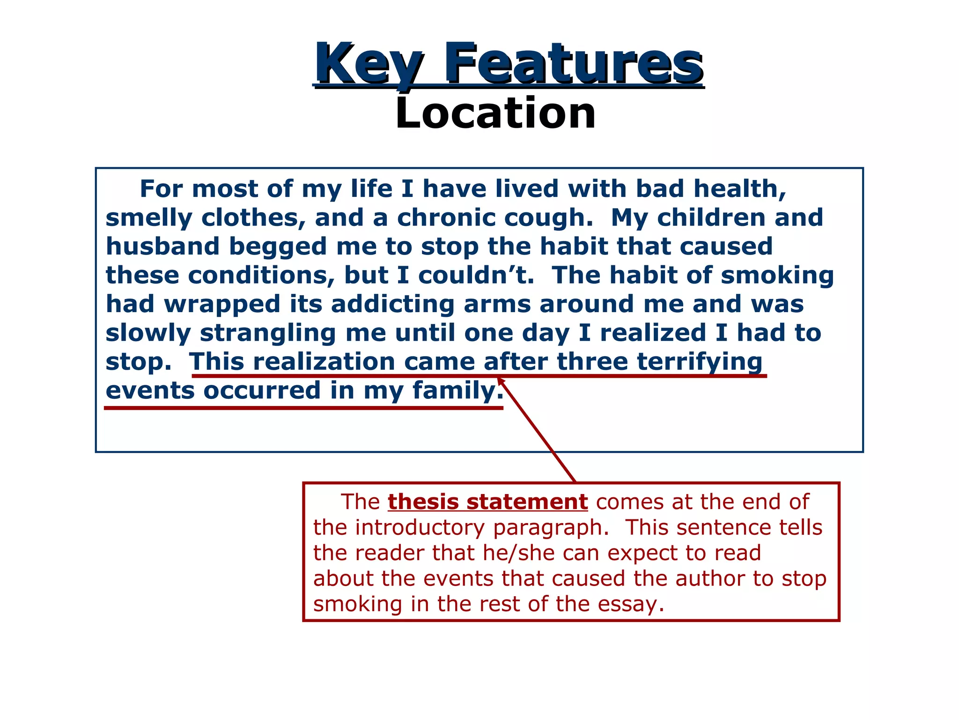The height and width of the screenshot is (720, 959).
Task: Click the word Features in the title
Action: click(x=573, y=63)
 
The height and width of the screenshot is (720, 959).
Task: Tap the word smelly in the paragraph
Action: click(x=149, y=218)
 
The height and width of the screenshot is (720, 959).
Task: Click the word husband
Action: click(x=162, y=247)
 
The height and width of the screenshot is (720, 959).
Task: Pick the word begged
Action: click(x=278, y=247)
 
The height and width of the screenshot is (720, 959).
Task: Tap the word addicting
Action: click(x=393, y=304)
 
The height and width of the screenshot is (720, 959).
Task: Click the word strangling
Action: click(x=268, y=333)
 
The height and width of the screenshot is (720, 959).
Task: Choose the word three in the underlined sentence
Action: click(x=592, y=362)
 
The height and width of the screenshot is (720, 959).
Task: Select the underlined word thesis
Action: click(x=423, y=502)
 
